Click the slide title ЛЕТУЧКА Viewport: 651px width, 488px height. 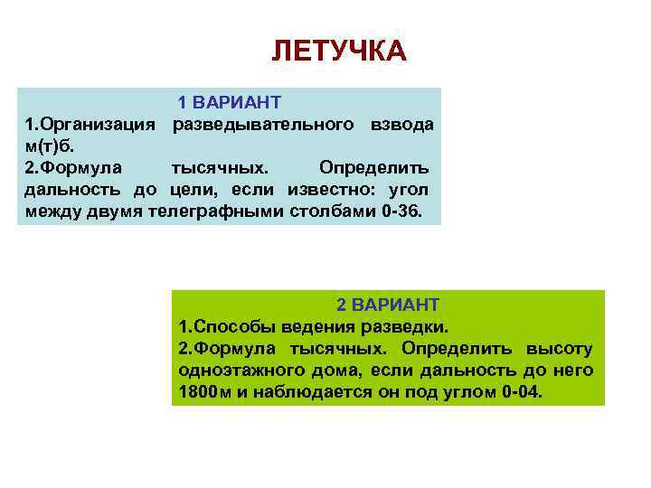coord(339,51)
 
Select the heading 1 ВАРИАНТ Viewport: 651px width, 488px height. coord(229,102)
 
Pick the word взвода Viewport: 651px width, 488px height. coord(401,124)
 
